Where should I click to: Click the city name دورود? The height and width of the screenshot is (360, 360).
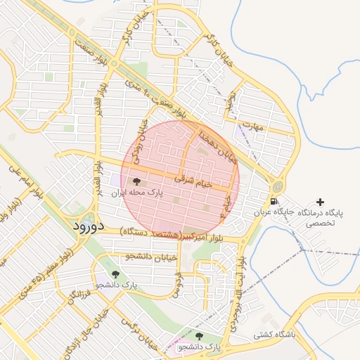click(88, 226)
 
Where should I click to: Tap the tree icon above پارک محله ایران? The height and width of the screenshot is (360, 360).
click(136, 181)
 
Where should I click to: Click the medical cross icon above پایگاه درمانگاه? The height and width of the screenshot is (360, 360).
click(321, 202)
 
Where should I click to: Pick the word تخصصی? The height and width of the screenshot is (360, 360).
click(321, 224)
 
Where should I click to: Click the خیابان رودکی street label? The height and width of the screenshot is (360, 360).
click(140, 141)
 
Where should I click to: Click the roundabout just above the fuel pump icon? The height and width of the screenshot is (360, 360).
click(278, 186)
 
